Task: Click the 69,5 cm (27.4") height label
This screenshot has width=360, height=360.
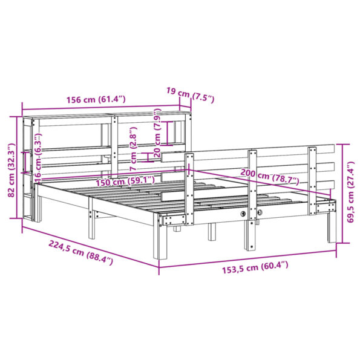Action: pos(350,192)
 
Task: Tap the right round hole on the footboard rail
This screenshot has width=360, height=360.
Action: pos(260,214)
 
